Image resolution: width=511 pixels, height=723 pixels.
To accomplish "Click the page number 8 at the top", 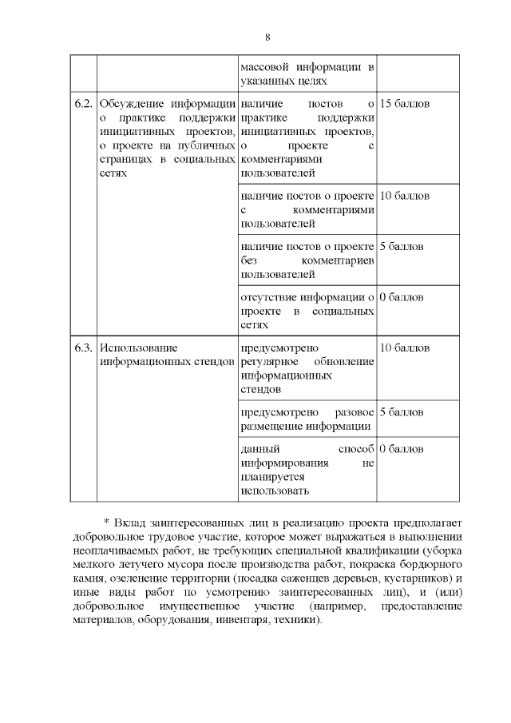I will point(267,38).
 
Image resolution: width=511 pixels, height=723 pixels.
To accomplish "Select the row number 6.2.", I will point(83,105).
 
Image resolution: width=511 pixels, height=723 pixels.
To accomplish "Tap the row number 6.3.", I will point(83,348).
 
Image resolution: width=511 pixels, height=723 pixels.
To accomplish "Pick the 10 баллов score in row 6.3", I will point(404,348).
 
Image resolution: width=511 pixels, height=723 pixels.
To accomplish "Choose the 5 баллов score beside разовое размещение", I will point(401,412).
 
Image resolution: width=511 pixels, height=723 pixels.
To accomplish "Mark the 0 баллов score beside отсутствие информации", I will point(401,297).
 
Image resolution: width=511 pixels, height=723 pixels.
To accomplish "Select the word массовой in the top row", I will point(263,66).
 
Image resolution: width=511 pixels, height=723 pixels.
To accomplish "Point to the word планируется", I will point(271,476).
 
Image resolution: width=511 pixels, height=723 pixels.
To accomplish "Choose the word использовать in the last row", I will point(274,491).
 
